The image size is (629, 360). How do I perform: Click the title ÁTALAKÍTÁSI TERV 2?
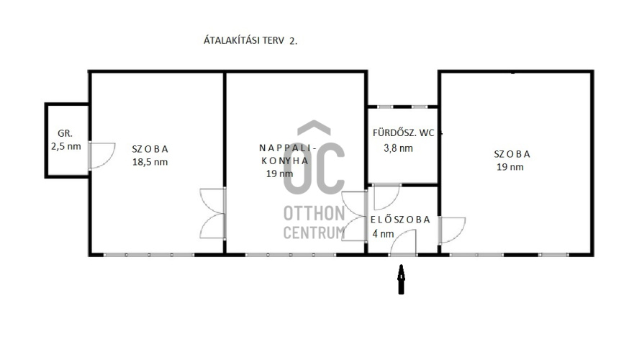[250, 40]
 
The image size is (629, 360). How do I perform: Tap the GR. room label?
[65, 134]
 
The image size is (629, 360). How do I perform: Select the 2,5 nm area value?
[66, 146]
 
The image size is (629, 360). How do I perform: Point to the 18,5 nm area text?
[150, 162]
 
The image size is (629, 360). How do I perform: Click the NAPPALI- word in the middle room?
[288, 148]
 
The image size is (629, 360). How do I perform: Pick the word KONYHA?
[285, 161]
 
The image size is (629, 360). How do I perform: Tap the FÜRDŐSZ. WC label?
[404, 133]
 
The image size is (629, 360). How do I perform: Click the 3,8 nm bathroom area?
[398, 148]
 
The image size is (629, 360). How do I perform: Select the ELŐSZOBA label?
[400, 220]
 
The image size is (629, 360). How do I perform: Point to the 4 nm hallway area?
[383, 233]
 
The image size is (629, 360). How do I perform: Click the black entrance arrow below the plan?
[401, 279]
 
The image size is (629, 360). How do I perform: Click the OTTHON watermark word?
[314, 214]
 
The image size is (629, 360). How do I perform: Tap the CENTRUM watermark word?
[314, 233]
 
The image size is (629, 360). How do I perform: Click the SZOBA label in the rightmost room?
[512, 154]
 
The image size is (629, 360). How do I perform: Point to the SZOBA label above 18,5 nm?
[150, 149]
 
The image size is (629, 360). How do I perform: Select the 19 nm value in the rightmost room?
[510, 167]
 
